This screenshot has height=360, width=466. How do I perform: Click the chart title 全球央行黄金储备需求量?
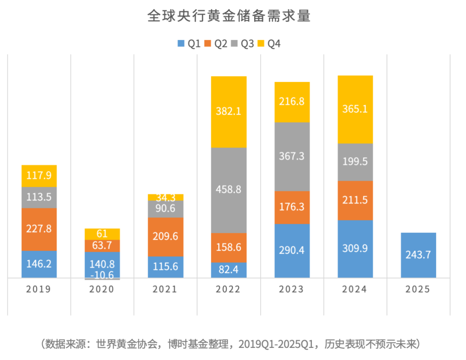pos(229,16)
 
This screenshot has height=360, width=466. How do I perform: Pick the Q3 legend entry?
pos(242,44)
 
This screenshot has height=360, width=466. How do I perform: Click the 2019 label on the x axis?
pos(39,289)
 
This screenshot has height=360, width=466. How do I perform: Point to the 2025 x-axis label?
pos(418,289)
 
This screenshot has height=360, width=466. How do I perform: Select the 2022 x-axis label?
pos(228,289)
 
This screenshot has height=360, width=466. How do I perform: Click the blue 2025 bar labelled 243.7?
pos(418,255)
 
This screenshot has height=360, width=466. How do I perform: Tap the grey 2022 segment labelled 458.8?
pos(229,190)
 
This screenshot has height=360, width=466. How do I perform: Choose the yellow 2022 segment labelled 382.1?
pos(229,112)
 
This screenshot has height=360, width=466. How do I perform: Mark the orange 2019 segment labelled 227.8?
pos(39,229)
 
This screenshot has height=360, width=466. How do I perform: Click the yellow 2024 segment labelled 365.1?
pos(355,110)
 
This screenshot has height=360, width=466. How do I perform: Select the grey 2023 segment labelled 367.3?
pos(292,157)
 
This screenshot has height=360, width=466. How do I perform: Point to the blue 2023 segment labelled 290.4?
pos(292,250)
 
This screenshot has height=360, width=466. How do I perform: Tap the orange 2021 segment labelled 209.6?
pos(166,237)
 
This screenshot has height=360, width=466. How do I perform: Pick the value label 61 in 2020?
pos(102,234)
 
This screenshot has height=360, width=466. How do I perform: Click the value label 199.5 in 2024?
pos(355,162)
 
